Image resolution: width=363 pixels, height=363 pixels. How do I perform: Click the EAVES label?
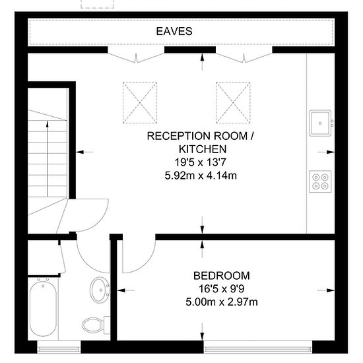click(174, 31)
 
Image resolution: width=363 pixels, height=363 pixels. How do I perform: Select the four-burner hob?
click(320, 181)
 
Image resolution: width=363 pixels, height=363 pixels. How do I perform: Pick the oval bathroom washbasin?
click(100, 290)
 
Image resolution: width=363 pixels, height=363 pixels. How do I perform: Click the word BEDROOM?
click(222, 276)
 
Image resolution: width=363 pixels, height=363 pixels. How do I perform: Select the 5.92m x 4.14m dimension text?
click(201, 176)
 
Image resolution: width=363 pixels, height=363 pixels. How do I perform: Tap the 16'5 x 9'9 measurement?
click(222, 289)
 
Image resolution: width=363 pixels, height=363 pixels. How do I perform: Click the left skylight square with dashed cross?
click(140, 102)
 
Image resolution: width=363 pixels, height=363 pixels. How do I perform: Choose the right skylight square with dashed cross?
click(233, 102)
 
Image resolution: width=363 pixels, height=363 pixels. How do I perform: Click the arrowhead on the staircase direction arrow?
click(48, 124)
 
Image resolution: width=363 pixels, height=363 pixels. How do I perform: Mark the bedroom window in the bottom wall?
click(258, 346)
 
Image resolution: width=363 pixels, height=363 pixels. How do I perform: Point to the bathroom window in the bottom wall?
click(59, 346)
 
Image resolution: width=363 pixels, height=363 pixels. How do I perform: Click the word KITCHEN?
click(203, 149)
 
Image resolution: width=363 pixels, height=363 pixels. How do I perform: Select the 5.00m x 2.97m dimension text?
click(222, 302)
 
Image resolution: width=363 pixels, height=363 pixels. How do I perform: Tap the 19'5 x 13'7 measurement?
click(200, 162)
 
